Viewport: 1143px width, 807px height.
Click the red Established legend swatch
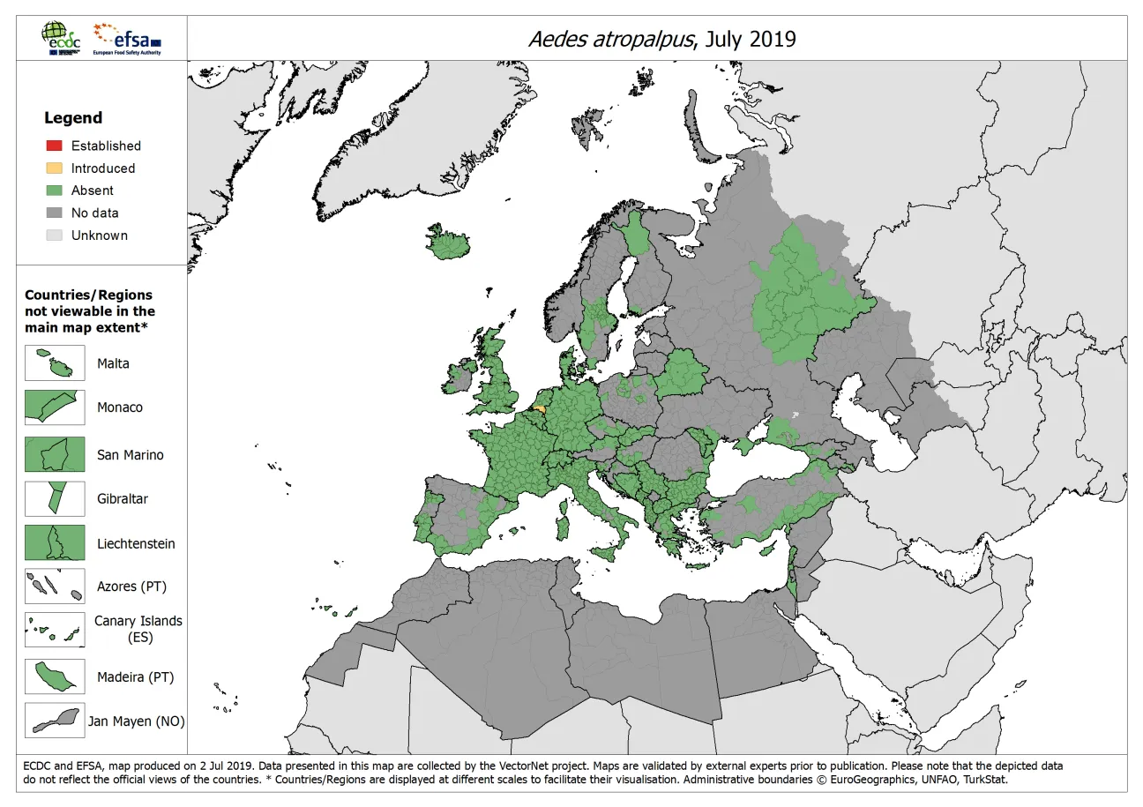[x=54, y=146]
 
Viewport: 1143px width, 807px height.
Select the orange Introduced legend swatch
[x=54, y=168]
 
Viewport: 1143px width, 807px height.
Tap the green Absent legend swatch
[x=54, y=191]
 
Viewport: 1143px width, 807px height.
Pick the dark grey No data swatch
[x=54, y=213]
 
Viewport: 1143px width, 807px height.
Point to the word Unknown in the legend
[x=99, y=235]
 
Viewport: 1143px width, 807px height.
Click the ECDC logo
[x=61, y=39]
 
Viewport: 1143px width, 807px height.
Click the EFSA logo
[x=129, y=39]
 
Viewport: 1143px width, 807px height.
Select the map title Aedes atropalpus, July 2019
[x=661, y=39]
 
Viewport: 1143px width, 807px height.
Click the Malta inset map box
[x=55, y=363]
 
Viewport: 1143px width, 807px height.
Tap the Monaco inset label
[x=119, y=407]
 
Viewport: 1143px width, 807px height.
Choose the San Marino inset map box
[x=55, y=454]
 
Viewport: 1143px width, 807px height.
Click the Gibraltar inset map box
[x=55, y=498]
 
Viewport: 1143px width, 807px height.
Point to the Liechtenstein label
[x=136, y=543]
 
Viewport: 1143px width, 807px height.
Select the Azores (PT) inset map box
[x=55, y=587]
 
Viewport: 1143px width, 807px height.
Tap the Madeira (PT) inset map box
[x=55, y=677]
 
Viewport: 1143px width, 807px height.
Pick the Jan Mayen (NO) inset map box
[x=55, y=721]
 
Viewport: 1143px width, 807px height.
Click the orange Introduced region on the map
[x=540, y=407]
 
